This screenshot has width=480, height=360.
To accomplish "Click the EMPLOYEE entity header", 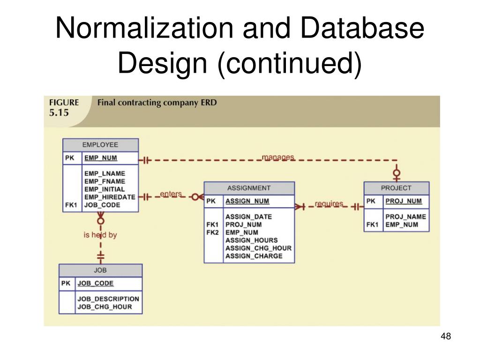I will coord(100,145).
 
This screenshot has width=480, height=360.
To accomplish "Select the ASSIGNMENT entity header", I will coord(249,188).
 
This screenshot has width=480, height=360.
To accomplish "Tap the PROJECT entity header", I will coord(396,188).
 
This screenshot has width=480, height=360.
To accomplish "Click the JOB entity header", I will coord(100,270).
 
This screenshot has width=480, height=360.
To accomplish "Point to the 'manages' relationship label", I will coord(278,157).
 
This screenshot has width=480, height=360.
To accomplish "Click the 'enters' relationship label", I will coord(171,194).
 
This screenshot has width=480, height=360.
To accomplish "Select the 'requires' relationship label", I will coord(329,204).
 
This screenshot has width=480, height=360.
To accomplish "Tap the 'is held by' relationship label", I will coord(100,235).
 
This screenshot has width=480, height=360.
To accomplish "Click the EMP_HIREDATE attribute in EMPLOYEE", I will coord(110,197).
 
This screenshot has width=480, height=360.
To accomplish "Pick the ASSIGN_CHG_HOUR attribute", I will coord(258,248).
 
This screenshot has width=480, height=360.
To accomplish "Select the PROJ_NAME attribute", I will coord(405,217).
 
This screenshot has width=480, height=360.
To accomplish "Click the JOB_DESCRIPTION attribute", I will coord(108,299).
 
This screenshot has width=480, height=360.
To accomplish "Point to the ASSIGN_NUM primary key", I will coord(247,202).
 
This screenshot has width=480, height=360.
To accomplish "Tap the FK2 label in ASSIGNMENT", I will coord(213,232).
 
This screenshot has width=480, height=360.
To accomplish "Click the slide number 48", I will coord(446,336).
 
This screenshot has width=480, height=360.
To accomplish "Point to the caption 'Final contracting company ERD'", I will coord(157,103).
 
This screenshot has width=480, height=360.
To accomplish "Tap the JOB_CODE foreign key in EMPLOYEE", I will coord(102,205).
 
